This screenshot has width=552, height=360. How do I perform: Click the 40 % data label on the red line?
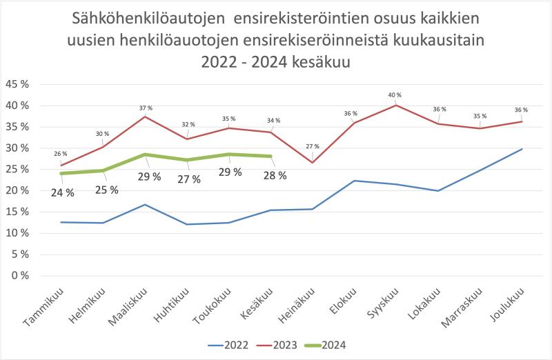click(x=394, y=95)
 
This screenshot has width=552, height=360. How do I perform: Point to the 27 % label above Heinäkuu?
click(x=313, y=146)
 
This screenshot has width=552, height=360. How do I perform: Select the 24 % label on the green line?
click(x=62, y=192)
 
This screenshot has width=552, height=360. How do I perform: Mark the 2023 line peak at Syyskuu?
click(x=394, y=105)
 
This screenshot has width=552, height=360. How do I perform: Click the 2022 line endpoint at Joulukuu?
click(x=522, y=149)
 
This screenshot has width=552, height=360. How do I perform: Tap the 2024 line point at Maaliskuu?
click(x=144, y=154)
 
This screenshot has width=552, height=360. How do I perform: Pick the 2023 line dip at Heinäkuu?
click(x=312, y=162)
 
